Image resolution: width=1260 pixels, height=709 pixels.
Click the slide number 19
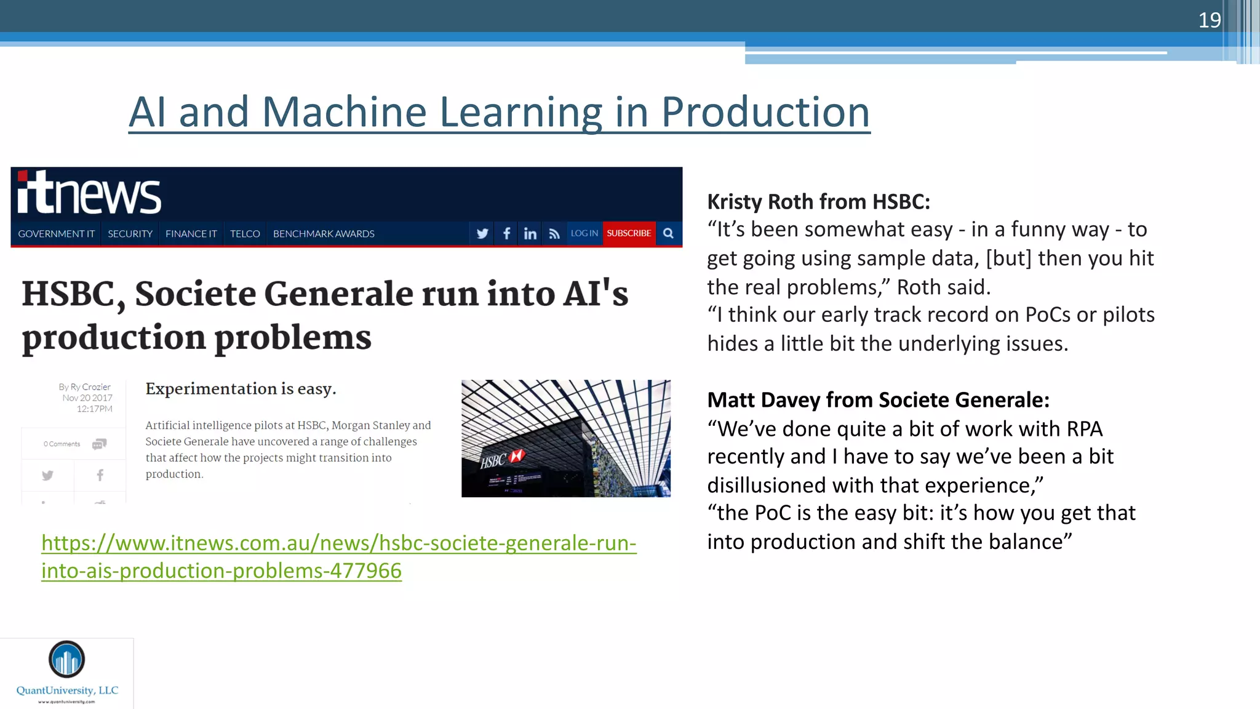1209,20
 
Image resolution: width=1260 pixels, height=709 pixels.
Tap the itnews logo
89,193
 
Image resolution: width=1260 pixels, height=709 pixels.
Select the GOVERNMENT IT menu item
56,234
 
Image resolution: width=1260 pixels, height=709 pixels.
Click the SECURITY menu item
130,234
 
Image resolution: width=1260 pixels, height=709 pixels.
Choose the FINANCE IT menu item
191,234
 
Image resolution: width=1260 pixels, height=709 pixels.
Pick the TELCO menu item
245,234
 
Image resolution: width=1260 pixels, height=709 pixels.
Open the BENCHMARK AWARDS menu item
324,234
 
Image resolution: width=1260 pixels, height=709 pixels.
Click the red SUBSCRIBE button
629,233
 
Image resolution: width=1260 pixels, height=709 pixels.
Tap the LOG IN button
584,233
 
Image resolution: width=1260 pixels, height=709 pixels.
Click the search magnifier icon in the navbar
669,233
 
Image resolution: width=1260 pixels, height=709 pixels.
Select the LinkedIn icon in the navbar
530,234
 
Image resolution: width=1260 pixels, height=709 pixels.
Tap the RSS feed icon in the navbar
554,234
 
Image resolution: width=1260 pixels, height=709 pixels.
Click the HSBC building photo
565,438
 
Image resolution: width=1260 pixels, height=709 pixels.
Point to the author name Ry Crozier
90,387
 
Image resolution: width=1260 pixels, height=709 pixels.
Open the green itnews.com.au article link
338,543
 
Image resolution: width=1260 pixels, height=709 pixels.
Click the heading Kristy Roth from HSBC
818,202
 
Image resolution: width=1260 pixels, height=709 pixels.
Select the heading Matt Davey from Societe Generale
878,400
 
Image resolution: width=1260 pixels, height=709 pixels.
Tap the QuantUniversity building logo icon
66,659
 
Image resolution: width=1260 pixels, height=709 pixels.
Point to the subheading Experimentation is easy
241,389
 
